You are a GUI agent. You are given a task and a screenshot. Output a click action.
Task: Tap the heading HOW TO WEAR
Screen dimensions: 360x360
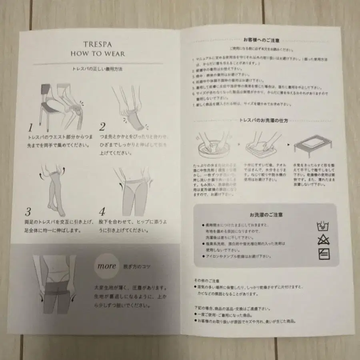[98, 54]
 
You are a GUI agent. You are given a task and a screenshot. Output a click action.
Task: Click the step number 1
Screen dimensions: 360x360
[30, 128]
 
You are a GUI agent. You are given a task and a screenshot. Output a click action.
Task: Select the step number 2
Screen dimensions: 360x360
[102, 127]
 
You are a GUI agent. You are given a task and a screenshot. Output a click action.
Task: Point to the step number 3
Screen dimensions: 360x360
[28, 212]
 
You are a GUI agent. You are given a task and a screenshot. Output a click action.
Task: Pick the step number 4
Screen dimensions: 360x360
[102, 212]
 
